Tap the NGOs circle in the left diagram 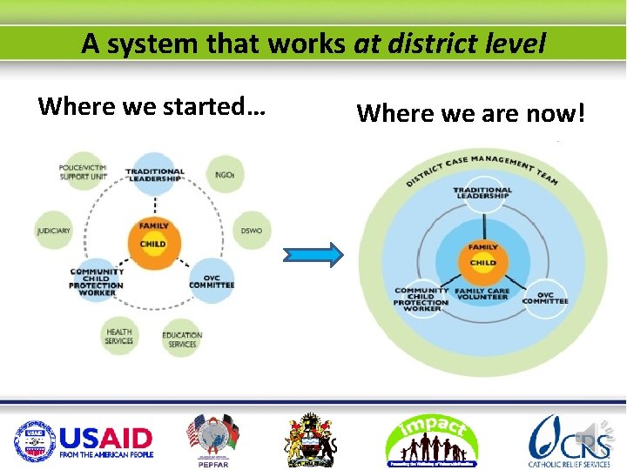coord(226,174)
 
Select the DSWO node coord(252,231)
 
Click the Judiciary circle coord(54,231)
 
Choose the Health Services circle coord(119,336)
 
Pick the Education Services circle coord(182,339)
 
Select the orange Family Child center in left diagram coord(153,236)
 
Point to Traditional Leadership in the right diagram coord(482,193)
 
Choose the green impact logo coord(433,440)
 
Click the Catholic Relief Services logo coord(570,440)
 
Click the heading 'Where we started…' coord(152,106)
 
